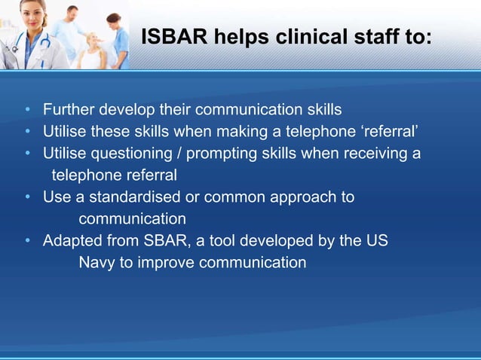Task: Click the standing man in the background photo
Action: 71,30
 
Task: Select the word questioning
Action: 131,154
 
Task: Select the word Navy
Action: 97,263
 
